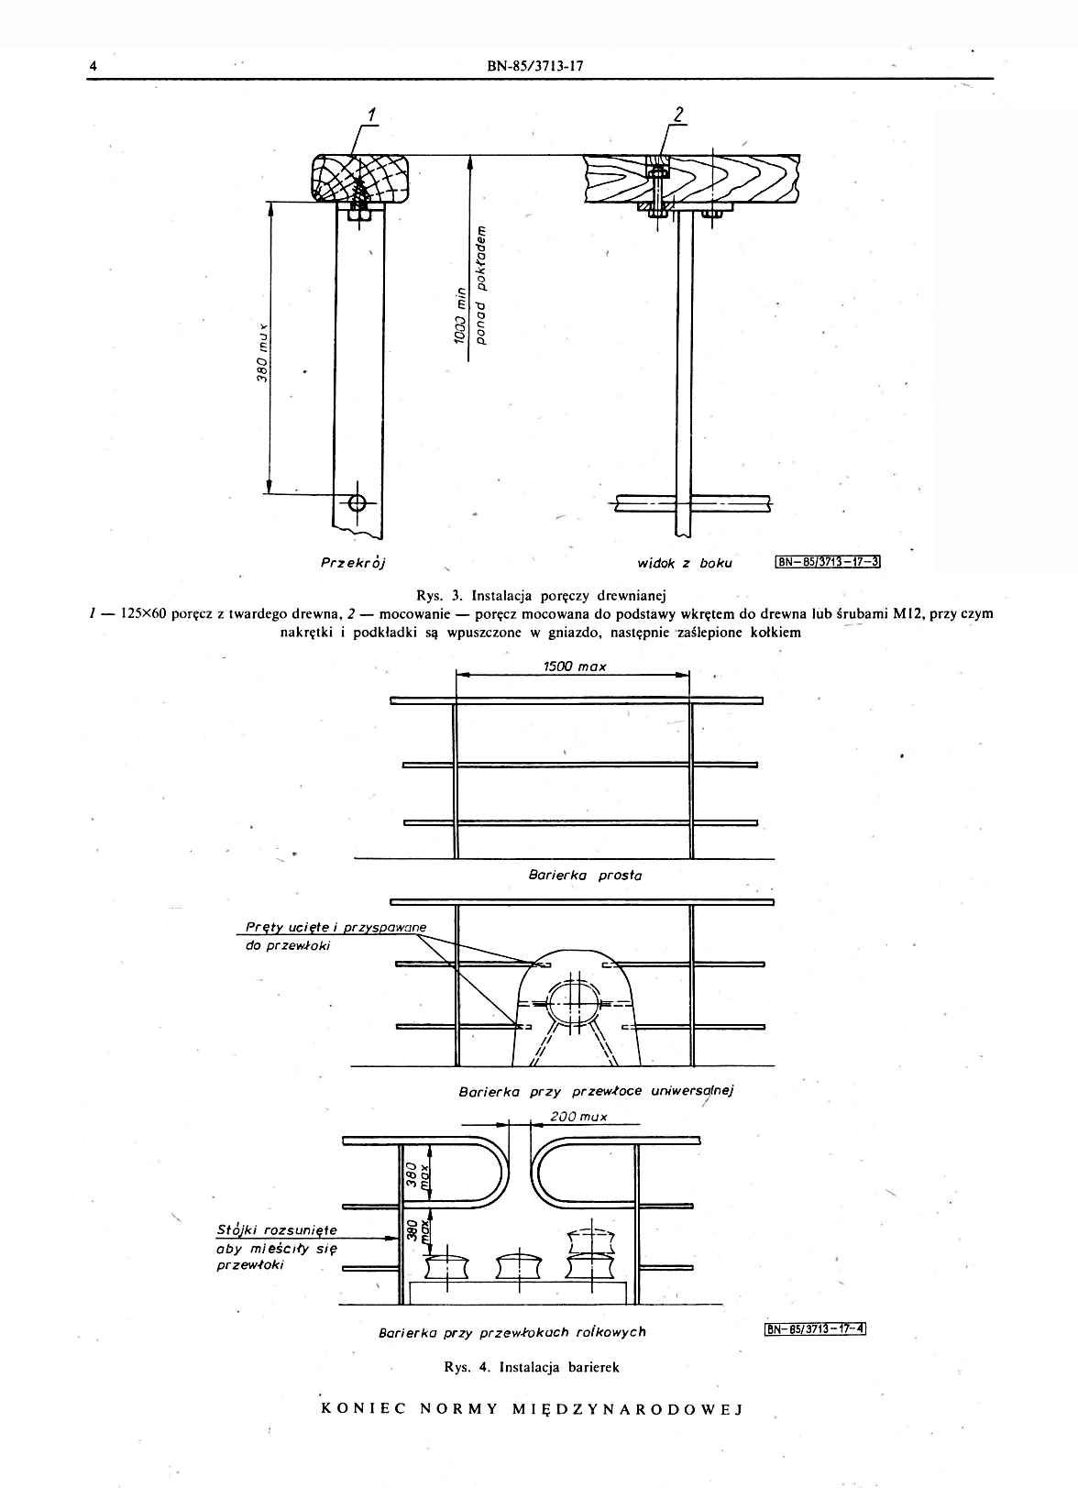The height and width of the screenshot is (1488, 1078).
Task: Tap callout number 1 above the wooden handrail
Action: [372, 116]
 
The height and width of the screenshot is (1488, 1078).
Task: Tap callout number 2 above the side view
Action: [678, 116]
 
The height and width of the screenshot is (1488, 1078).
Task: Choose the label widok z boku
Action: [685, 562]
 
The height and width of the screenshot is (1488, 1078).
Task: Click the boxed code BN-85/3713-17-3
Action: [827, 562]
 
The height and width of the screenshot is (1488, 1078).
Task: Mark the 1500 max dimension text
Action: [574, 667]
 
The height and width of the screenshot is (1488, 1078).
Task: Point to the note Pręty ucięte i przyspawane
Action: [335, 927]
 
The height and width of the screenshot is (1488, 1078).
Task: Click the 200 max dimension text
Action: [579, 1117]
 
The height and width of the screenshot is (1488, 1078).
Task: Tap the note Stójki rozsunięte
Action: [277, 1229]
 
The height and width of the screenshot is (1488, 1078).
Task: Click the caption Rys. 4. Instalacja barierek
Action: [532, 1367]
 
